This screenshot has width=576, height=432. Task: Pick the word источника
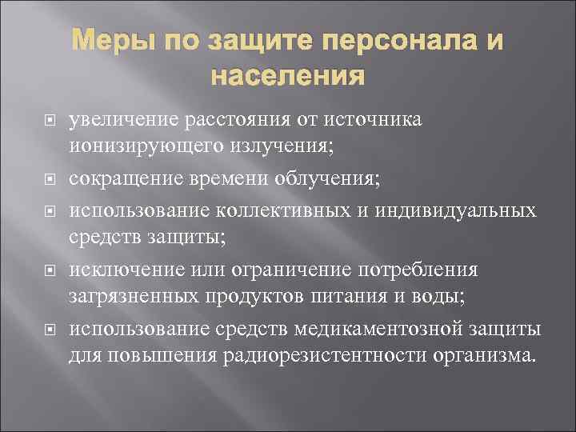point(366,120)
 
